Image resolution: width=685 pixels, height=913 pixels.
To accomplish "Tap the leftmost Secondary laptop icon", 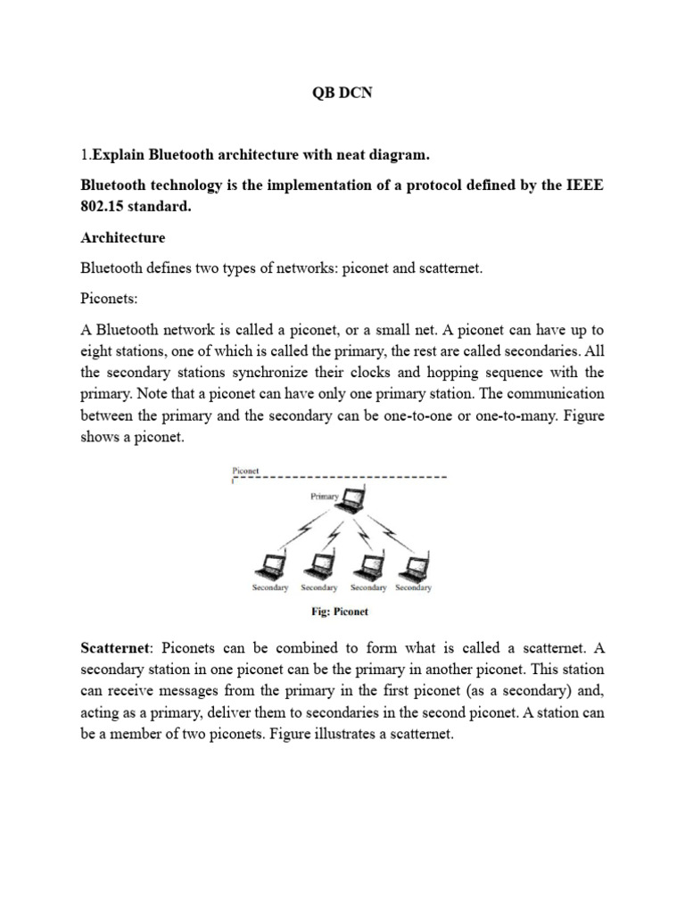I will point(269,565).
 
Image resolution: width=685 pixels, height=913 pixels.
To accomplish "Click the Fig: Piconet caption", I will point(339,612).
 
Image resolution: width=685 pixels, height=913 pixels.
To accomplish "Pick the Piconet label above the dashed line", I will point(246,469).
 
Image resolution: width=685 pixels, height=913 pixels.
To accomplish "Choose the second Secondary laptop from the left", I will point(318,565).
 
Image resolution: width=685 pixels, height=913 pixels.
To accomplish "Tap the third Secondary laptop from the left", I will point(367,565).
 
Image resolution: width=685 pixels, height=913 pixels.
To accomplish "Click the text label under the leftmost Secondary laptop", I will point(270,588).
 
